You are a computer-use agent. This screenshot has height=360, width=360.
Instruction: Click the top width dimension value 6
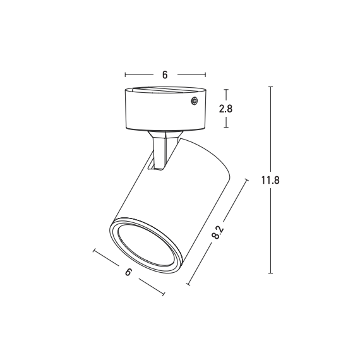click(x=165, y=75)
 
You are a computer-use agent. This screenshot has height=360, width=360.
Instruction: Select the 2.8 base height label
click(x=226, y=108)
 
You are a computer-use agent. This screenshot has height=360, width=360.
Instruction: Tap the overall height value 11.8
click(x=270, y=180)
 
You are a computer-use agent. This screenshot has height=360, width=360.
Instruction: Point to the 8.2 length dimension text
click(x=217, y=234)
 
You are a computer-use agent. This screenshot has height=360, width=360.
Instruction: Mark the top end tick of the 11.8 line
click(x=270, y=87)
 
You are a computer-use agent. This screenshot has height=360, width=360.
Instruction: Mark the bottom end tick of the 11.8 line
click(x=270, y=273)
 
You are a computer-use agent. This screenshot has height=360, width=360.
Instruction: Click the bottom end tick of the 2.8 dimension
click(x=226, y=128)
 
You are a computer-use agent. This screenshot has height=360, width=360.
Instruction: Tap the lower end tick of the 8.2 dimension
click(x=188, y=285)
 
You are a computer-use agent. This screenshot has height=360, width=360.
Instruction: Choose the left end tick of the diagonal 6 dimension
click(x=94, y=252)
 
